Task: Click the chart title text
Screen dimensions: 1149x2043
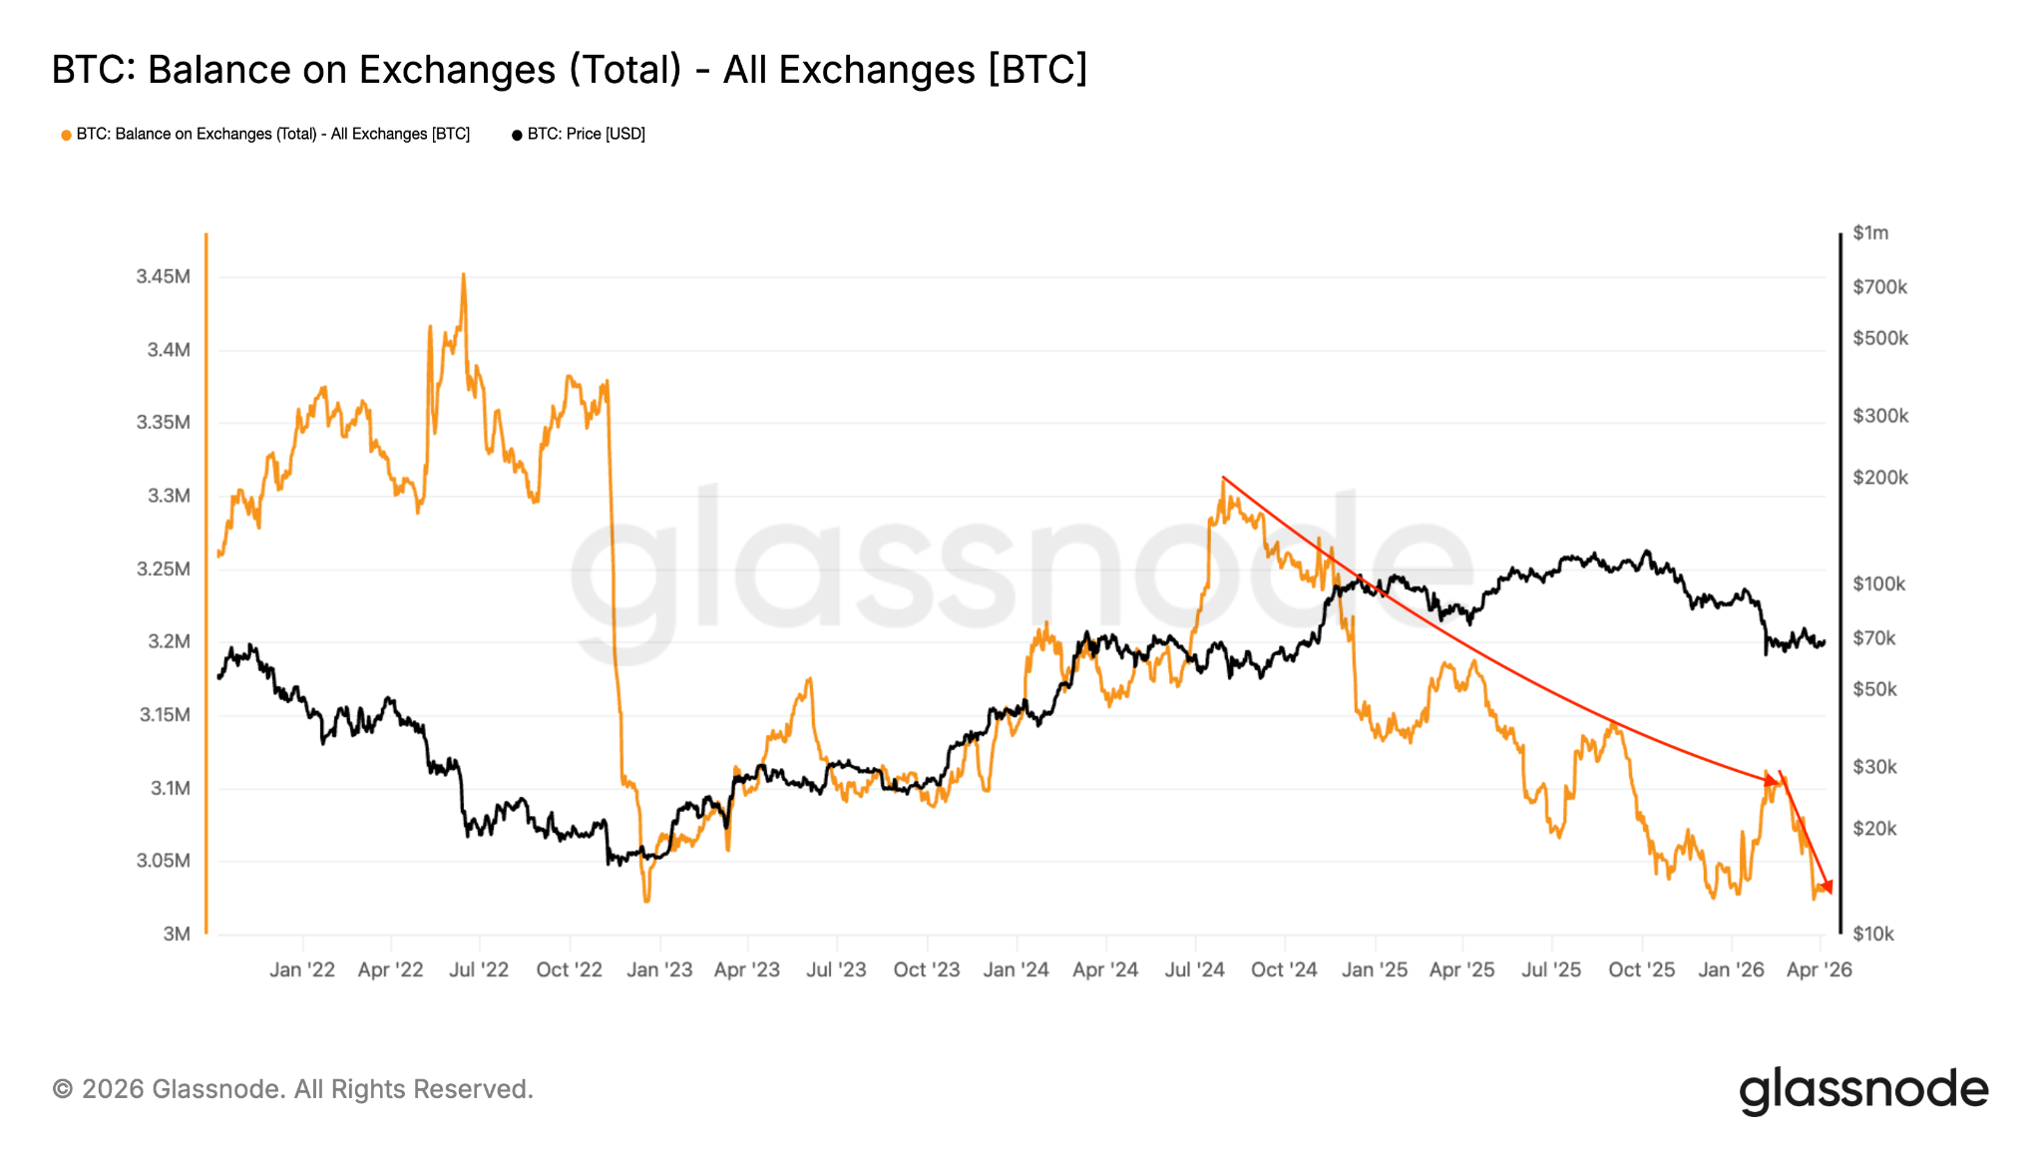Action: click(569, 70)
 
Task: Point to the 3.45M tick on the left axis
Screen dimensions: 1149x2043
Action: click(163, 276)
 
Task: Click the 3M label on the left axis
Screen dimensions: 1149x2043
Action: click(177, 934)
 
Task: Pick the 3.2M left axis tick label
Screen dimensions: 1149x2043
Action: click(168, 641)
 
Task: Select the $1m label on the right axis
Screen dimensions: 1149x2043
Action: click(1870, 232)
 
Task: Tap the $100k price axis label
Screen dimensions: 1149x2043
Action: click(1878, 583)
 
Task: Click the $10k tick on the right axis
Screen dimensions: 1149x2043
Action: click(1873, 934)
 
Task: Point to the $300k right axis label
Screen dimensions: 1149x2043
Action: click(1880, 416)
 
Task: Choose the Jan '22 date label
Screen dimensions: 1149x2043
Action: click(302, 969)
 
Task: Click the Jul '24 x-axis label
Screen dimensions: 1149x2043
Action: click(1194, 969)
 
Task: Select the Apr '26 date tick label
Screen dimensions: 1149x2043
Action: click(1819, 969)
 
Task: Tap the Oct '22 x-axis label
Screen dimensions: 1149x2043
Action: click(569, 969)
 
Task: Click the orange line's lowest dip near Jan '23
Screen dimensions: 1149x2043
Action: click(646, 901)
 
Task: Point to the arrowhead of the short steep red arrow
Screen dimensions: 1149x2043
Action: click(1828, 888)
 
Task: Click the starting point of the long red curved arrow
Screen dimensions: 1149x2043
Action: click(1223, 478)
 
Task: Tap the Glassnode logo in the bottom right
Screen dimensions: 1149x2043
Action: click(1863, 1090)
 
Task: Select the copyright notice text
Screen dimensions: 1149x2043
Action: click(292, 1089)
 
